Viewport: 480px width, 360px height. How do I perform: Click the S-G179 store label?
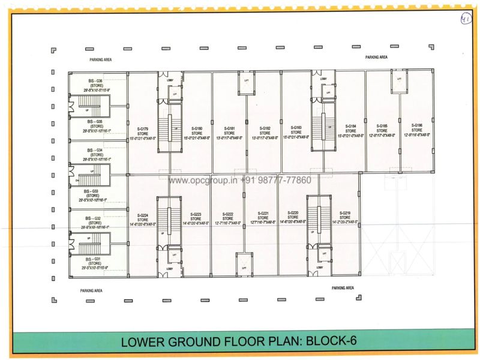143,129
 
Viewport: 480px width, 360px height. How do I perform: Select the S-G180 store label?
197,129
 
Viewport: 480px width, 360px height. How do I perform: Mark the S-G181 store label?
230,129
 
